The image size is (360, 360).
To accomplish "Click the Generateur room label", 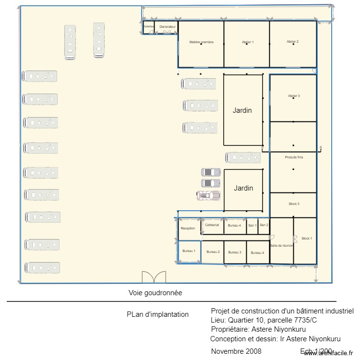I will [168, 26].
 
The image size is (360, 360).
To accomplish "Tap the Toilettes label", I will [148, 26].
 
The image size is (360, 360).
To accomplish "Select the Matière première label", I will [201, 42].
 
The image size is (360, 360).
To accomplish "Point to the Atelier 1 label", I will [248, 42].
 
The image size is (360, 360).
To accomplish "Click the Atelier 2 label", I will [293, 42].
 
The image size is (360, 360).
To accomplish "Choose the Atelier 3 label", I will [294, 96].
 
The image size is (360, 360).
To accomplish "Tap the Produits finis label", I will [294, 157].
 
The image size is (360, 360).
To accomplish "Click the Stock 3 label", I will [294, 204].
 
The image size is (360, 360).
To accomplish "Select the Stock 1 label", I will [307, 238].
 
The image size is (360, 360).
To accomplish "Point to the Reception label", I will [188, 228].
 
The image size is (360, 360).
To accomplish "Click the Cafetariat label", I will [212, 225].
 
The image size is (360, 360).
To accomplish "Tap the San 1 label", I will [252, 225].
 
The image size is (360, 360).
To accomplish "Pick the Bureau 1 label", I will [189, 251].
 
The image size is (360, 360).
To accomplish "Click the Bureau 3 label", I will [235, 252].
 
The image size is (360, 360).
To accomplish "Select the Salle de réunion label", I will [282, 245].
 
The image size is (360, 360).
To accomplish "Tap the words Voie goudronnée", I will [155, 292].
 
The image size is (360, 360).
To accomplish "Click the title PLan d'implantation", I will [157, 314].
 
